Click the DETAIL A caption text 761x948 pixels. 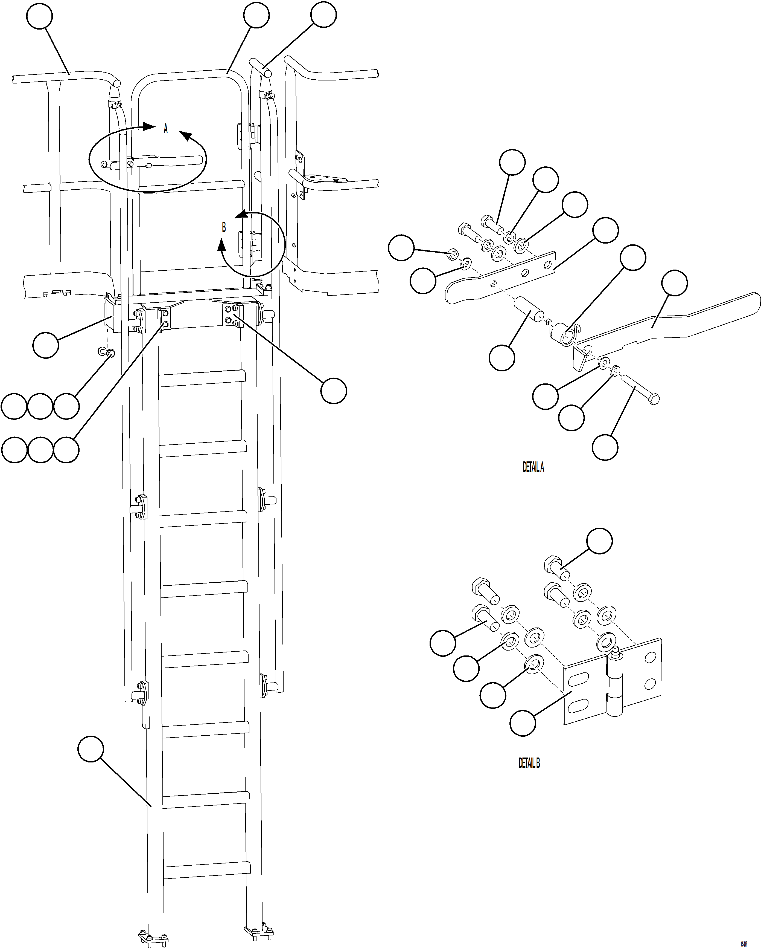[533, 467]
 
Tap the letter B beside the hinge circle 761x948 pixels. [224, 227]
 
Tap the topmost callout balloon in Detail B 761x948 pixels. [600, 542]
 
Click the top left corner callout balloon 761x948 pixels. [40, 16]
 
